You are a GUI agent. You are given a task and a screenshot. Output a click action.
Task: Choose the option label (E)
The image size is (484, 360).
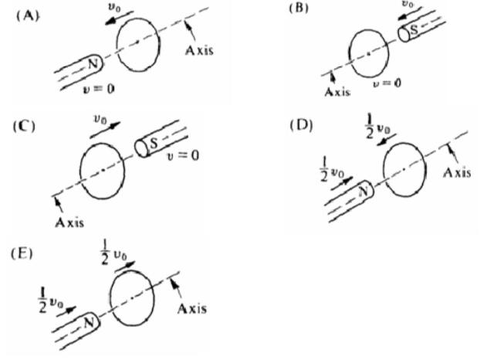[23, 253]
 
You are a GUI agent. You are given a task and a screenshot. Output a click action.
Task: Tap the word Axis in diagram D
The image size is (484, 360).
[456, 171]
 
